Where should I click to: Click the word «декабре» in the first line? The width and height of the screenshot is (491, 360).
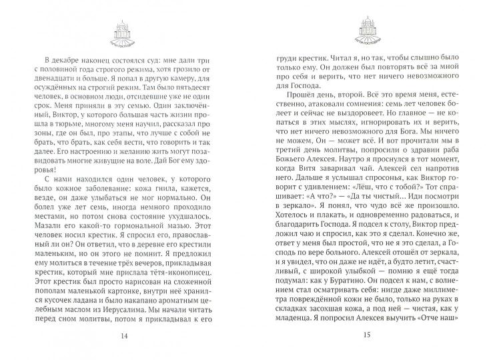point(69,59)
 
